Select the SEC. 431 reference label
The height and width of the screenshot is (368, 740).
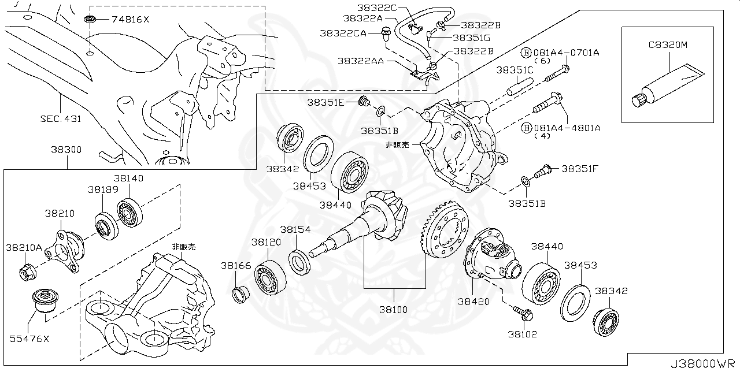(60, 120)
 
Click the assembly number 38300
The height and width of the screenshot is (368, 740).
(66, 149)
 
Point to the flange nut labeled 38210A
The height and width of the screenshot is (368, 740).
(28, 270)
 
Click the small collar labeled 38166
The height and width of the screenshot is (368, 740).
(239, 293)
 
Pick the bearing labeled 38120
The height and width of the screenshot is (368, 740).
(267, 276)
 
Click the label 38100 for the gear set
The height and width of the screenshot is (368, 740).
(393, 310)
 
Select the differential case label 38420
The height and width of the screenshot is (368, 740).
(473, 301)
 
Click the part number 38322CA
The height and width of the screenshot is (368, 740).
(343, 34)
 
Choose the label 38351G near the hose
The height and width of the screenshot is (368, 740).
(471, 38)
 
